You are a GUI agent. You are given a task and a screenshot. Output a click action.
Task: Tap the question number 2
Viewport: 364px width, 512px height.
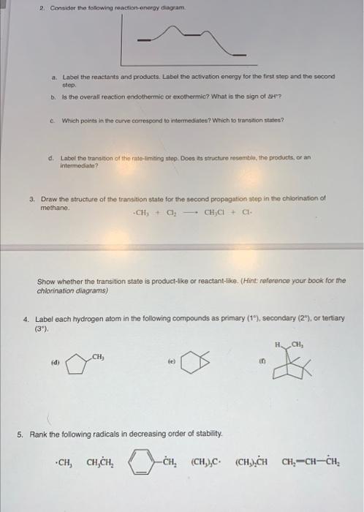42,7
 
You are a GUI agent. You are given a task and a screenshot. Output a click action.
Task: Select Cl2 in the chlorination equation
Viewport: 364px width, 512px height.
162,213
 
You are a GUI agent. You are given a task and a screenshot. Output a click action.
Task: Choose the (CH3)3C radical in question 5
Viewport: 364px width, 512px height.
205,462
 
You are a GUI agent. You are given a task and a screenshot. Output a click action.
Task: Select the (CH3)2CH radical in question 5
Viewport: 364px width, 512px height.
252,462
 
